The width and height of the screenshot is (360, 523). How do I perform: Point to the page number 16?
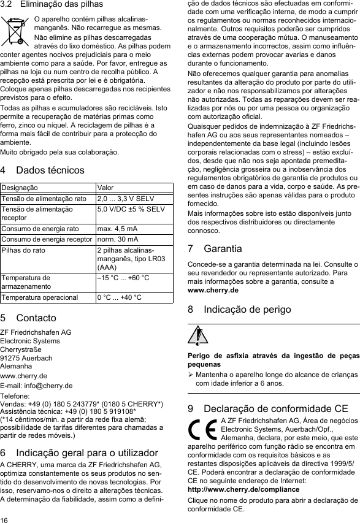[x=6, y=518]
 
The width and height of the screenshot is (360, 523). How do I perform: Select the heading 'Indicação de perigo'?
[x=248, y=310]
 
